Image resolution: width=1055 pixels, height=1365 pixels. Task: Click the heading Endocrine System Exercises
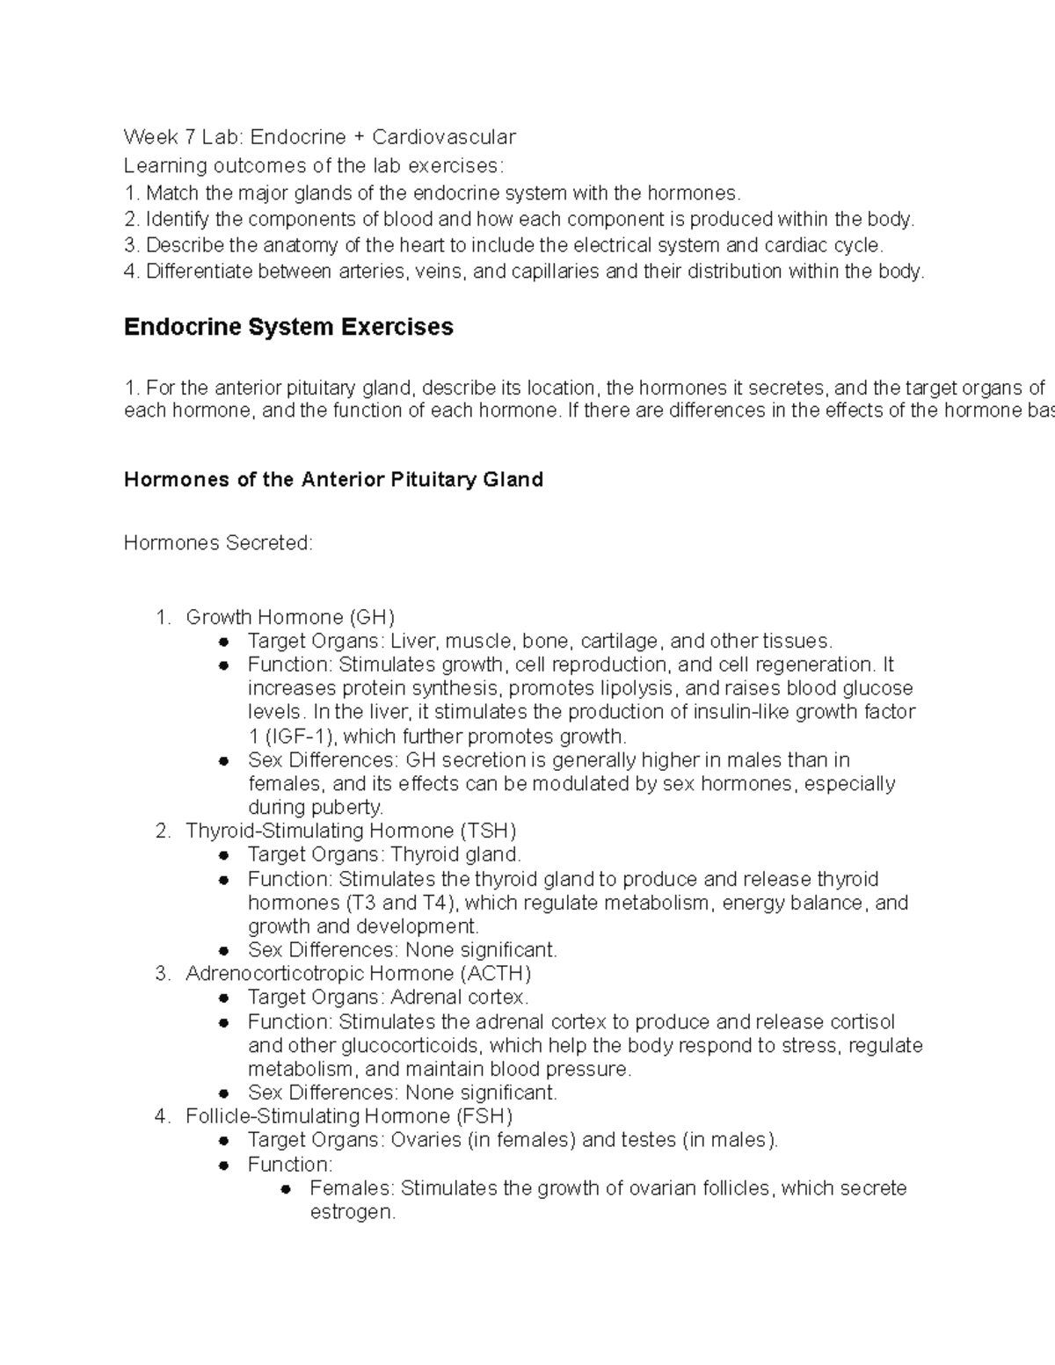pyautogui.click(x=288, y=327)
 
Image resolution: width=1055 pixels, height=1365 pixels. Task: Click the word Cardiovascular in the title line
pyautogui.click(x=443, y=136)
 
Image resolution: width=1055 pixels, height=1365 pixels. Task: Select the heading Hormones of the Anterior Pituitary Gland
pyautogui.click(x=333, y=479)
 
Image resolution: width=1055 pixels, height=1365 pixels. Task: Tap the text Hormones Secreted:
pyautogui.click(x=218, y=543)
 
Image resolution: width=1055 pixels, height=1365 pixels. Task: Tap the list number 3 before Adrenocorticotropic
pyautogui.click(x=161, y=973)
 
